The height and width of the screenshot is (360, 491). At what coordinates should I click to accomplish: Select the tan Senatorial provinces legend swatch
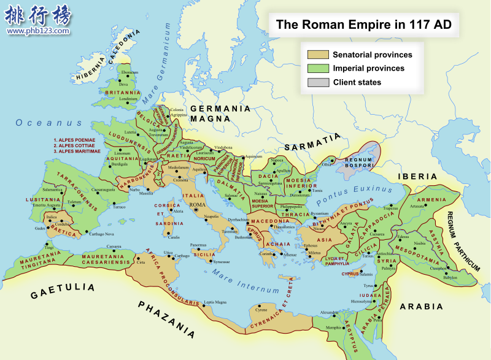coord(318,55)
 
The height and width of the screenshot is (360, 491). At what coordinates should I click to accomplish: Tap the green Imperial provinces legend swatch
coord(318,68)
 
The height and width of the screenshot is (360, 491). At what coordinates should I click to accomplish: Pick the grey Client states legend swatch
coord(318,82)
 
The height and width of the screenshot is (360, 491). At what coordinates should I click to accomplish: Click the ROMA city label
coord(198,204)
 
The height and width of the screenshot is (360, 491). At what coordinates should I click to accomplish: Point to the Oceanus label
coord(41,123)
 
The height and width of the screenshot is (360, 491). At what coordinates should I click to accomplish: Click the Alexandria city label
coord(330,312)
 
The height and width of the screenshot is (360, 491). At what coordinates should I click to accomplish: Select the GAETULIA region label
coord(63,291)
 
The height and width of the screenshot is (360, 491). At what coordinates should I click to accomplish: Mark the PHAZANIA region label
coord(167,319)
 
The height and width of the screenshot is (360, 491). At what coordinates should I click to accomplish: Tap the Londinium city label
coord(128,99)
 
